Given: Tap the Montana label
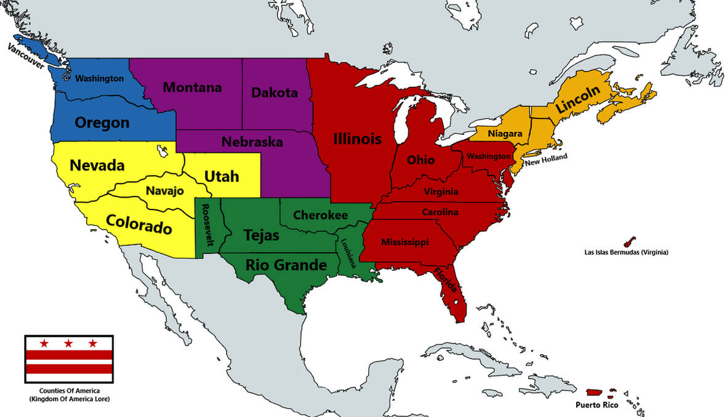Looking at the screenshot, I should tap(192, 87).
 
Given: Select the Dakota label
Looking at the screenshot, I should tap(274, 93).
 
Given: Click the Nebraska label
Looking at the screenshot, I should tap(252, 142).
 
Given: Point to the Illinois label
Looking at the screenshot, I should tap(357, 139).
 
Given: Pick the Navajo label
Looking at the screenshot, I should tap(164, 191).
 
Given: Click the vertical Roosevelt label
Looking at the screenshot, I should tap(206, 225).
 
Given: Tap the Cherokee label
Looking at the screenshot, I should tap(320, 215).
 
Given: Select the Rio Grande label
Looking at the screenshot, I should tap(286, 265).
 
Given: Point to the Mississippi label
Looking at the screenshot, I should tap(404, 241).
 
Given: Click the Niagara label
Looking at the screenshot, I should tap(505, 134).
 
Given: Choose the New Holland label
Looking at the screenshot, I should tap(546, 159).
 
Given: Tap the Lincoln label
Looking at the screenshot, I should tap(577, 99).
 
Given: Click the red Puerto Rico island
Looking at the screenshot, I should tap(593, 392).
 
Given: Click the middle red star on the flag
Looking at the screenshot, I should tap(68, 342).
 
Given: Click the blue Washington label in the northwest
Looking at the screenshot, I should tap(99, 79).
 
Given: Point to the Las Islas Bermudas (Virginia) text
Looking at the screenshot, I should tap(626, 253).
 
